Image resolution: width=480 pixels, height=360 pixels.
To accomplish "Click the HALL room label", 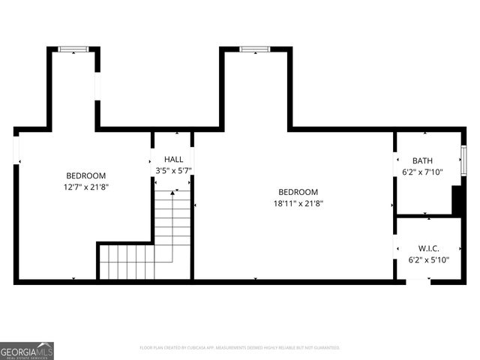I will [173, 160].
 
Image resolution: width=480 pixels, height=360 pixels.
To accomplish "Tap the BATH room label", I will [422, 160].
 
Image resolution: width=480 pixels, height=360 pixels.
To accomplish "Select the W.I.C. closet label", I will [428, 248].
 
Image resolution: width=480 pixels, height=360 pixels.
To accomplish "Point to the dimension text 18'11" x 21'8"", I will [298, 202].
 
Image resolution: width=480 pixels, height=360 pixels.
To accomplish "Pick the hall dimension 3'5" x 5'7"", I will [173, 170].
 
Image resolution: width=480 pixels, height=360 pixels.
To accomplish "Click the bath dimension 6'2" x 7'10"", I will [423, 172].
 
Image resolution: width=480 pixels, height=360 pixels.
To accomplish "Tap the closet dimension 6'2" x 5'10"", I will [428, 259].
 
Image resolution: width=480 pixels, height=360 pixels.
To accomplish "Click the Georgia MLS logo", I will [27, 351].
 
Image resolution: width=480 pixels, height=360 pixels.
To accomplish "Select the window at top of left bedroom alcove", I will [73, 49].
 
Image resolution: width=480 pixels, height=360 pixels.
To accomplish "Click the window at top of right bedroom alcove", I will [255, 49].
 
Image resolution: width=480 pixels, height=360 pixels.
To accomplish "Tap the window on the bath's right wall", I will [463, 160].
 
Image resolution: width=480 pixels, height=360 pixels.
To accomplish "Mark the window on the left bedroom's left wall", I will [16, 149].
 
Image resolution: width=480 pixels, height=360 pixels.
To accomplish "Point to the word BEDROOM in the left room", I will [85, 175].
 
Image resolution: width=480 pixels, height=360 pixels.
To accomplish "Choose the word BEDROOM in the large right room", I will [298, 191].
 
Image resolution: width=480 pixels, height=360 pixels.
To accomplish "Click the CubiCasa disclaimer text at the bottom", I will [240, 348].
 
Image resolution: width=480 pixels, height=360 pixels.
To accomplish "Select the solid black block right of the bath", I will [456, 200].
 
